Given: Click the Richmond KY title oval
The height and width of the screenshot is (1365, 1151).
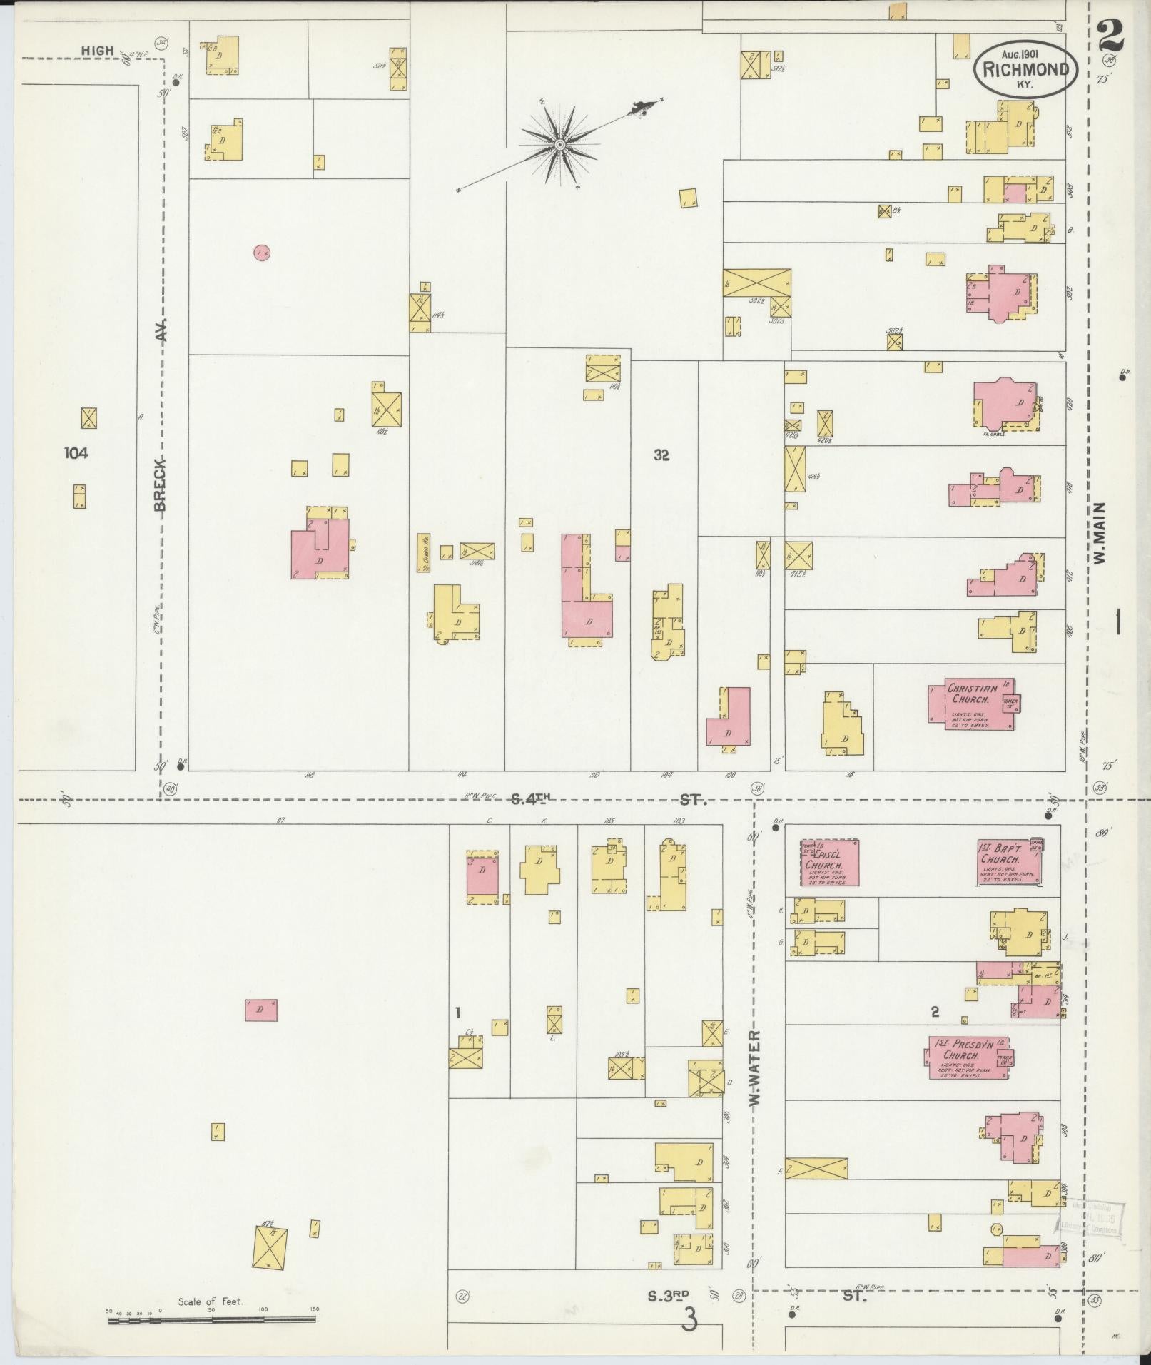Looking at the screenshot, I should coord(1026,68).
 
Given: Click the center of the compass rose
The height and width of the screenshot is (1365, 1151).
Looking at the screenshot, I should coord(560,145).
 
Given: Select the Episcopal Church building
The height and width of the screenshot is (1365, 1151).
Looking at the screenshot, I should coord(828,863).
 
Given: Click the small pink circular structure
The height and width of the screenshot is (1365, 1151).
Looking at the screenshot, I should coord(262,252).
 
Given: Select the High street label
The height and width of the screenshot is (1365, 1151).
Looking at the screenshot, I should coord(97,51).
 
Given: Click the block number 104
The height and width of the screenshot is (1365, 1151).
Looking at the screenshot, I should coord(76,452).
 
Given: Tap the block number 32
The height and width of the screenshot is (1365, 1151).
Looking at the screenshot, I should coord(661,455).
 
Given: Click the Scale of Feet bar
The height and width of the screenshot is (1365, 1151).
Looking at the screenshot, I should coord(211,1320).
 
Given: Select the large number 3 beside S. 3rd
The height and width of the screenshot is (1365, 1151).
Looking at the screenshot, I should coord(689,1319).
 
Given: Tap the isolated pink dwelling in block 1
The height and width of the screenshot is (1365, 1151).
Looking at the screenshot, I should coord(260,1010).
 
